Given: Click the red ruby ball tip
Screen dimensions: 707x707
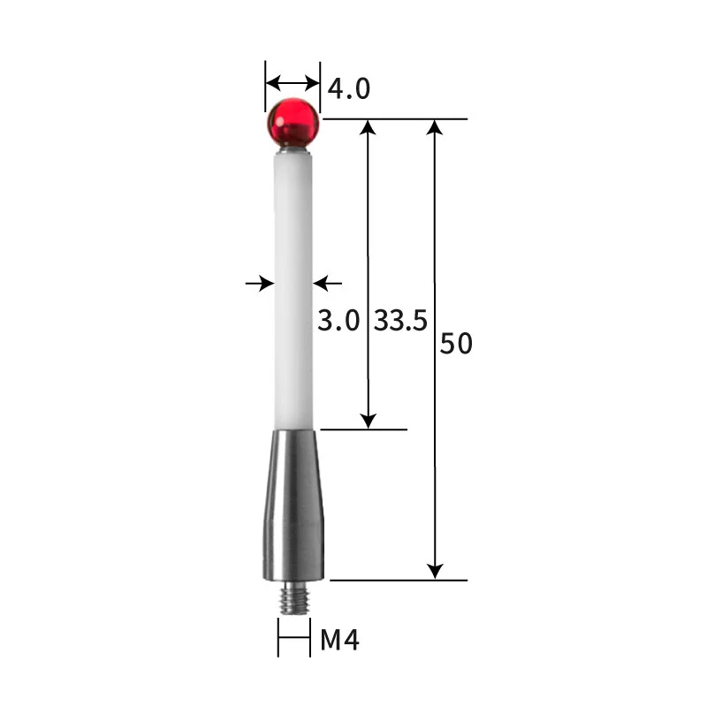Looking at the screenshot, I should click(292, 122).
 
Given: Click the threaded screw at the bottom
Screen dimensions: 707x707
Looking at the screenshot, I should click(293, 601).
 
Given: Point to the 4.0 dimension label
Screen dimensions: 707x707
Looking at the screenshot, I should click(348, 88).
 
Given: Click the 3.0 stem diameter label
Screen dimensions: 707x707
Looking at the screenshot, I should click(338, 320).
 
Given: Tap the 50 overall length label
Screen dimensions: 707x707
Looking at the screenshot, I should click(456, 344).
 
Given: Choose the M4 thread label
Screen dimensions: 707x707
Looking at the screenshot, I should click(339, 639).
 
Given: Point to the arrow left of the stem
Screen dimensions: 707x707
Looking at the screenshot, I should click(259, 283).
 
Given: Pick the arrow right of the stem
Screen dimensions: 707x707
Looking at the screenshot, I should click(328, 283).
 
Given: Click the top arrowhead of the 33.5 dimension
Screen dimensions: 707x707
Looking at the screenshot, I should click(369, 127).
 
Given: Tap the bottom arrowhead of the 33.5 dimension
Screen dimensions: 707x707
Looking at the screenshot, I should click(369, 421).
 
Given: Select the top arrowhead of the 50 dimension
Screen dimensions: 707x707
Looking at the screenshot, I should click(434, 127).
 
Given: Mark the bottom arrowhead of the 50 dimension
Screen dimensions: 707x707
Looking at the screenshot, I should click(434, 571).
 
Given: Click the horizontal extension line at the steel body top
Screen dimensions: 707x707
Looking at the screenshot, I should click(362, 430).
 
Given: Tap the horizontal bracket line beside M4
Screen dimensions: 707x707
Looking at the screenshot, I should click(293, 638).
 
